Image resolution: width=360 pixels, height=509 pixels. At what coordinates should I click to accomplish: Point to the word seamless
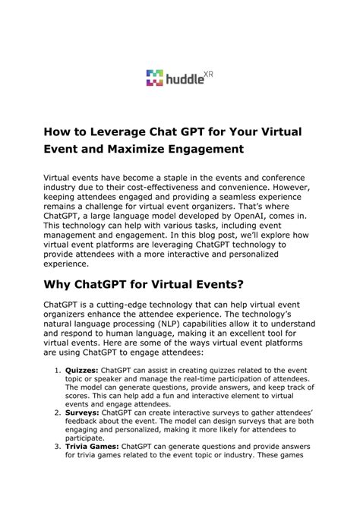click(257, 195)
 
